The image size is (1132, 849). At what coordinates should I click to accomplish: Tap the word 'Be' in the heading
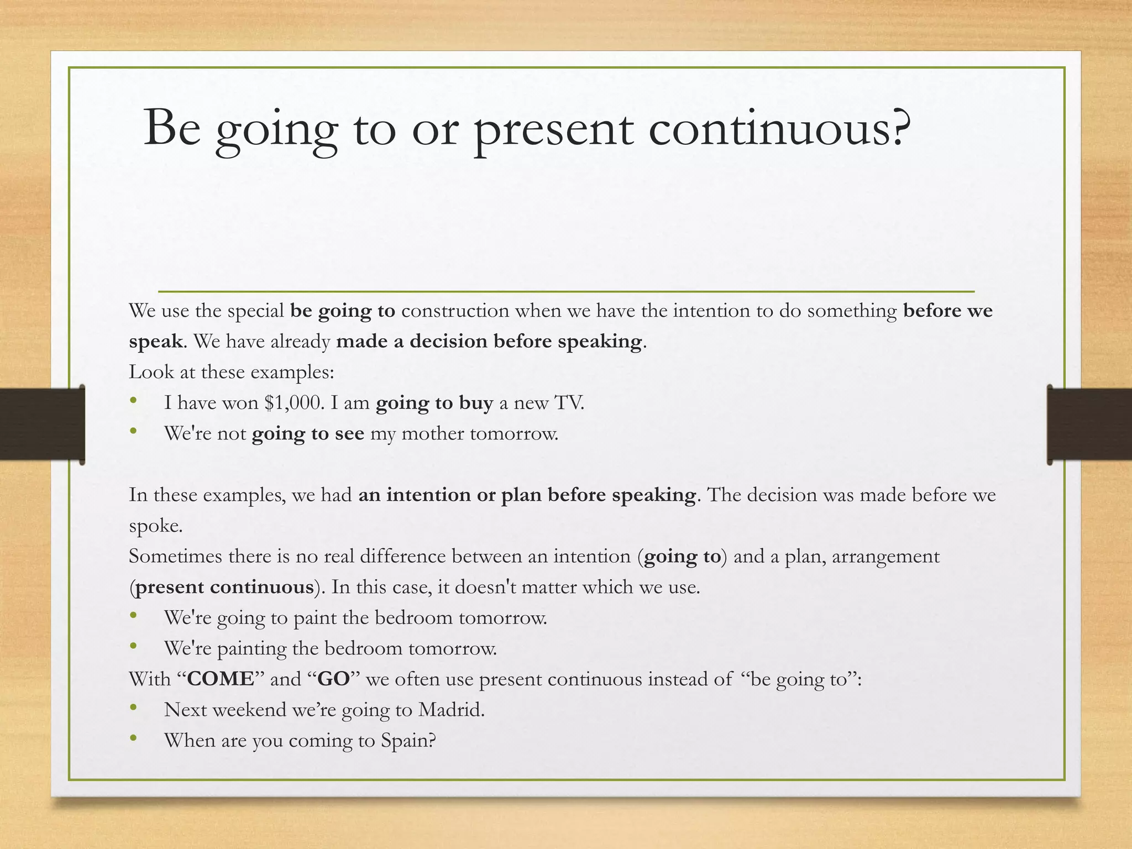[172, 128]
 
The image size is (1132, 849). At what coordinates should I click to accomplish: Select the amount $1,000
[292, 403]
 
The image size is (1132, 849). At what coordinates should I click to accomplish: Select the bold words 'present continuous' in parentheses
[224, 587]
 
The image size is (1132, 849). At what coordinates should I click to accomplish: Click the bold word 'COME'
[221, 679]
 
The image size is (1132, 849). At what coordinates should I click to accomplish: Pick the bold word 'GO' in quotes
[334, 679]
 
